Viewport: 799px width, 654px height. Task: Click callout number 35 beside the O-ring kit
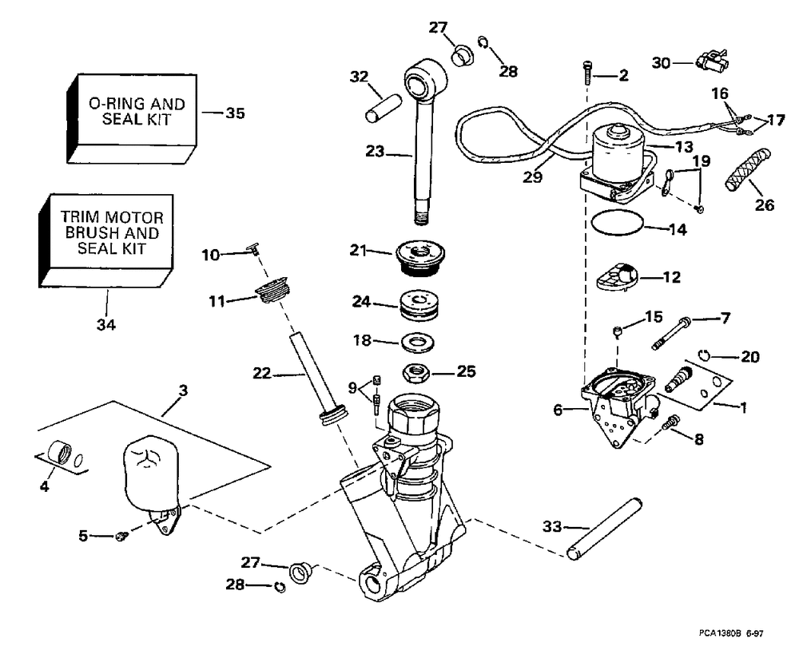click(x=235, y=113)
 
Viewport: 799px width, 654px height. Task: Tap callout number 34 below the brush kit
click(x=106, y=325)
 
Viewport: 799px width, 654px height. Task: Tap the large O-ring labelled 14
click(x=619, y=223)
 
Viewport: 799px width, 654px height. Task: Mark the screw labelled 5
click(x=121, y=536)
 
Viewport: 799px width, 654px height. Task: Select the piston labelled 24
click(x=420, y=305)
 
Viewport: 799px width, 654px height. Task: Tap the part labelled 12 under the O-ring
click(x=619, y=278)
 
